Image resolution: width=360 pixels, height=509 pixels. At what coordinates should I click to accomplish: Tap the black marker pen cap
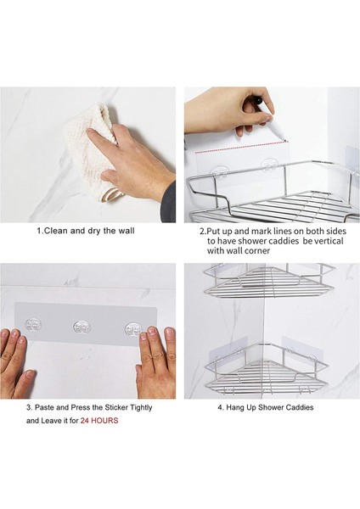tap(258, 101)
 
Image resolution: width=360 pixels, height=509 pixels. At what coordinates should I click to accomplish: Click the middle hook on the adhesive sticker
tap(82, 327)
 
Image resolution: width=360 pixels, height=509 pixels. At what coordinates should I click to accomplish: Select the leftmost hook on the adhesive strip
tap(33, 325)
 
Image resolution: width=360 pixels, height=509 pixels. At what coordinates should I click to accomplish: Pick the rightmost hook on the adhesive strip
tap(133, 329)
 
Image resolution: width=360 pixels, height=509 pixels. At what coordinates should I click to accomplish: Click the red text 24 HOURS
tap(99, 421)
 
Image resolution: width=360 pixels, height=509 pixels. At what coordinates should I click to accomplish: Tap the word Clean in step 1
tap(55, 231)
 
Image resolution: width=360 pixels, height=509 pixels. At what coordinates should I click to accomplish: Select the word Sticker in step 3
tap(116, 407)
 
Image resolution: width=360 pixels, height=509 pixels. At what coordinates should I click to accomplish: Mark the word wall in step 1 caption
tap(127, 231)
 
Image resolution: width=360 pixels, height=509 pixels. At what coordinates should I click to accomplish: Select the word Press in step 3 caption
tap(80, 407)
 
